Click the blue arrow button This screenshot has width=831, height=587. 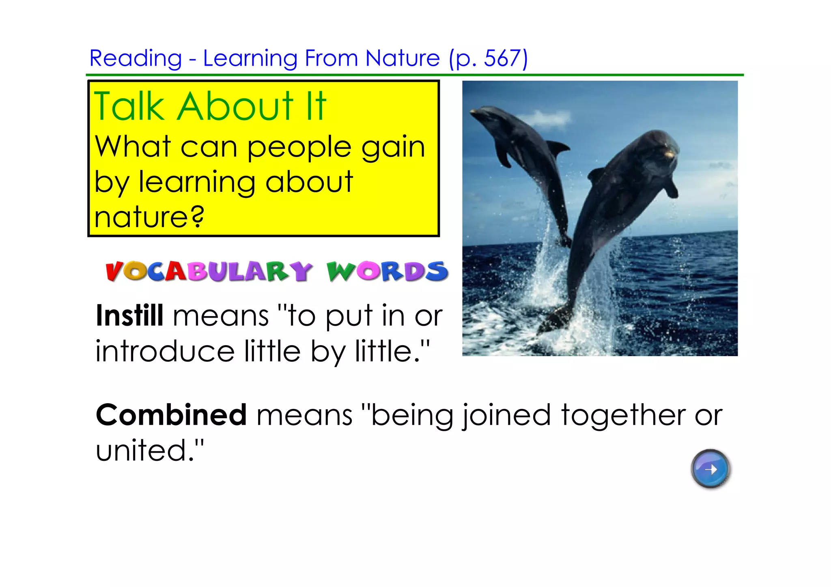710,469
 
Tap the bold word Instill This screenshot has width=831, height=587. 129,316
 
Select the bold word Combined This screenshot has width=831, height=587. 171,415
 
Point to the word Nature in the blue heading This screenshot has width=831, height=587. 402,58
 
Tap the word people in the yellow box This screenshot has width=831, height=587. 299,148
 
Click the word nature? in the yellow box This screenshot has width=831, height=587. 149,217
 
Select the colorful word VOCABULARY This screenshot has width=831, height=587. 209,271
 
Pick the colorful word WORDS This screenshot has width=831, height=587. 387,271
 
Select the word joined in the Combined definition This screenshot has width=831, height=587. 507,416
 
